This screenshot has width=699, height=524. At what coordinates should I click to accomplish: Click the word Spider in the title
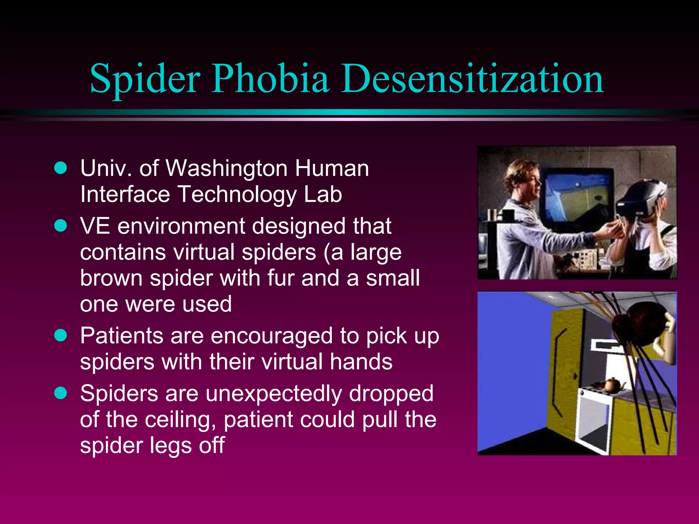pos(145,79)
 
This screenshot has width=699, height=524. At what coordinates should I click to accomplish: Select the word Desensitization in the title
pos(472,79)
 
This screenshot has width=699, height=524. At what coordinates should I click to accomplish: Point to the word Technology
pos(237,194)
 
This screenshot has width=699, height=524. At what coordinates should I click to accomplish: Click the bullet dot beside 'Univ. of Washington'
pos(61,168)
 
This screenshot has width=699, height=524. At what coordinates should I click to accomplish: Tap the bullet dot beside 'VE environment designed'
pos(61,225)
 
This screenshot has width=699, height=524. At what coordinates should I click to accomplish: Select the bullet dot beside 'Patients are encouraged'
pos(61,335)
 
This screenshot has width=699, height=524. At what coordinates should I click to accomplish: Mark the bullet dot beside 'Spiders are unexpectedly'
pos(61,393)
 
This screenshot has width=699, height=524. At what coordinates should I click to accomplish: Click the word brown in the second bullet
pos(111,278)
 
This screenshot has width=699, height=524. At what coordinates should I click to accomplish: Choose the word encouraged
pos(271,336)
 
